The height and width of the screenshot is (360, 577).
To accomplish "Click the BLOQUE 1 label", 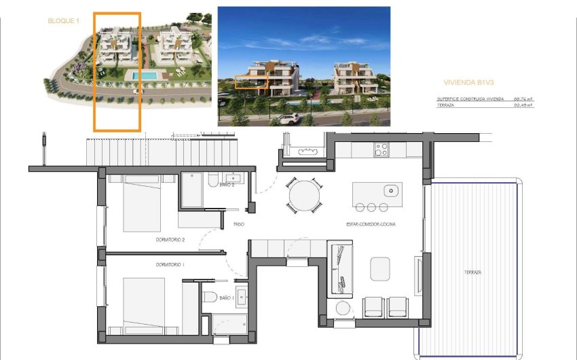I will (63, 21).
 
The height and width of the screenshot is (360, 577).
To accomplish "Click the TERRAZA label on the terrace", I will (472, 272).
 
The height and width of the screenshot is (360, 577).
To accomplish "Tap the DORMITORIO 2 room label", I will (169, 240).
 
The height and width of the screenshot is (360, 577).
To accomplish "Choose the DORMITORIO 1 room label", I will (169, 264).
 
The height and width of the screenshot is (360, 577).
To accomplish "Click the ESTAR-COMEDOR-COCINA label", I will (371, 223).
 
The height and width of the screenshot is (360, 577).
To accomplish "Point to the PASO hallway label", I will (239, 223).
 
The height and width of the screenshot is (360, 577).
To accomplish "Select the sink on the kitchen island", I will (390, 191).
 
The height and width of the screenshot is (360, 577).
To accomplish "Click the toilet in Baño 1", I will (210, 297).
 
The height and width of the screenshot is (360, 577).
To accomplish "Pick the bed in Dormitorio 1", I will (143, 302).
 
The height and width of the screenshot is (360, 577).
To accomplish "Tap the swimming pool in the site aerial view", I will (145, 75).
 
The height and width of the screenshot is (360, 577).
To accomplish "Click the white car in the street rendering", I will (288, 119).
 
